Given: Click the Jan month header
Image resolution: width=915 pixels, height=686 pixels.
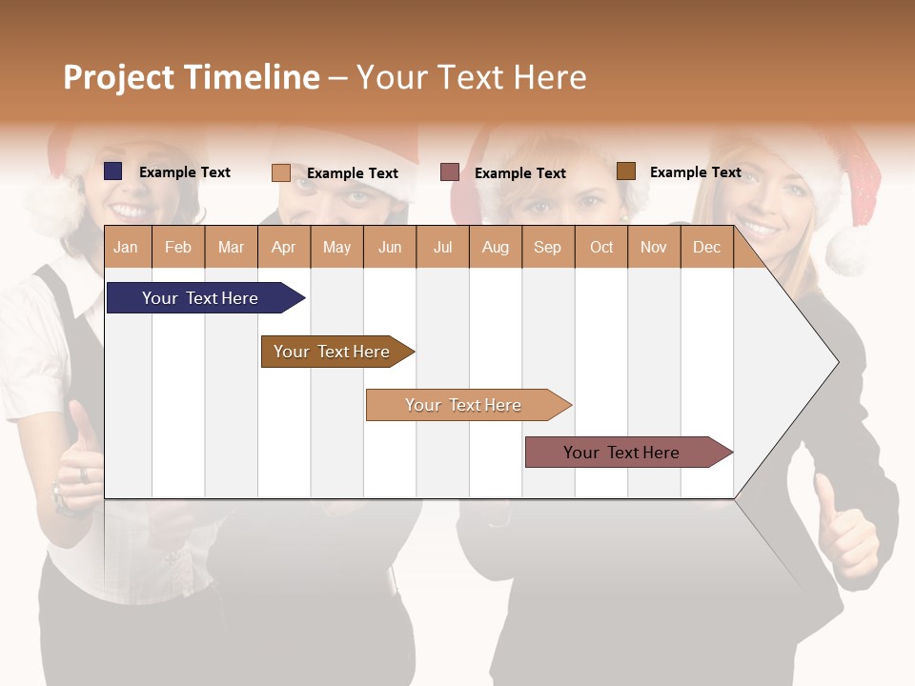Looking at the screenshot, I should point(126,248).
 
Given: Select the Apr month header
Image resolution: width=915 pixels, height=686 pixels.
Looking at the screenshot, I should point(283,248).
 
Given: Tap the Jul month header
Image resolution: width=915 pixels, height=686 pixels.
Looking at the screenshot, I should point(442,248).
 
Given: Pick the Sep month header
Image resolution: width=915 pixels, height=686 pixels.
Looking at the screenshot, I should point(547,248).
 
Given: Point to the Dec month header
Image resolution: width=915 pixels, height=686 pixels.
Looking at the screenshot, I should point(706,248).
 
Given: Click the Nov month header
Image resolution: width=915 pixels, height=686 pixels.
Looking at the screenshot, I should point(653,248).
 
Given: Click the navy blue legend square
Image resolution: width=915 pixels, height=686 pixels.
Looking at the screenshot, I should point(112,171).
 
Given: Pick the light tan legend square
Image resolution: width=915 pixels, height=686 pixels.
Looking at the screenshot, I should point(280,172).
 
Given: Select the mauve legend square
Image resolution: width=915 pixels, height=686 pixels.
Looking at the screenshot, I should point(450,172).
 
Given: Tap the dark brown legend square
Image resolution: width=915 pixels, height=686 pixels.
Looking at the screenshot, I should point(625,171).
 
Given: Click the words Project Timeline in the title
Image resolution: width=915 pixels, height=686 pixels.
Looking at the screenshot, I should point(191,77).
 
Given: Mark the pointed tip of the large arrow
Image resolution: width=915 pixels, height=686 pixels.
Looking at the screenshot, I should point(837,361).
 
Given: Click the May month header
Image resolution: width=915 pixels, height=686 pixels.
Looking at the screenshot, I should point(336,248).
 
